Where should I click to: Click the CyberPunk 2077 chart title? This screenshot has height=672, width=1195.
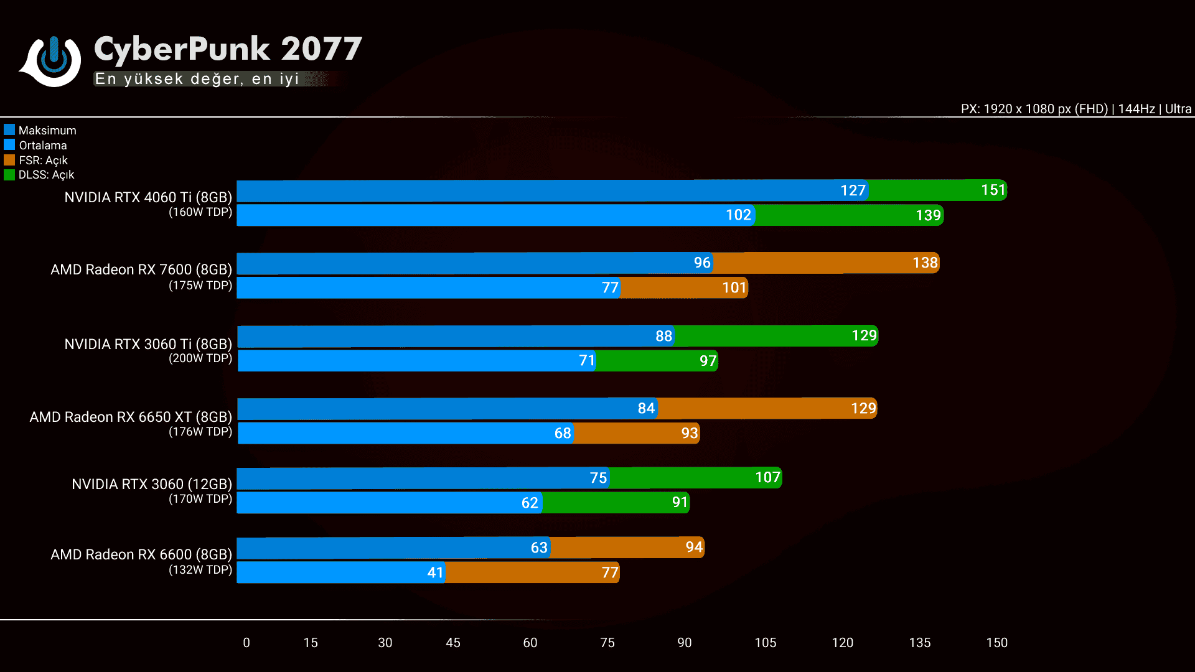pos(228,49)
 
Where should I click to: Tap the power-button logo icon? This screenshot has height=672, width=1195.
pos(53,60)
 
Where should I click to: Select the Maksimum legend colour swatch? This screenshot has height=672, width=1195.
pos(9,130)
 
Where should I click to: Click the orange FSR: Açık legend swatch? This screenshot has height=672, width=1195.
pos(9,160)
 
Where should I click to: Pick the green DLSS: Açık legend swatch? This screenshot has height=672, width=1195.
pos(9,175)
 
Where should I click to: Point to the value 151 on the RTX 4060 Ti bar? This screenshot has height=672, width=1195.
pos(993,190)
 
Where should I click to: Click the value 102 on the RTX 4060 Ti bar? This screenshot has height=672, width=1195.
pos(738,215)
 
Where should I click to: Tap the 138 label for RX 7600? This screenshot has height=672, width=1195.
pos(925,263)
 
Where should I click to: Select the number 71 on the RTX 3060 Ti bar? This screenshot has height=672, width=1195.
pos(587,360)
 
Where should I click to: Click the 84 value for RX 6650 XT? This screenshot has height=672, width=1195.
pos(646,408)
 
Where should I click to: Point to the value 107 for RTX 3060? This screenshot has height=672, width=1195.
pos(767,477)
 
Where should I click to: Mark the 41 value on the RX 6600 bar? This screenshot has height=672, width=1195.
pos(435,572)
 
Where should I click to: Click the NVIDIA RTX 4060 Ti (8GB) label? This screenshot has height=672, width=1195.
pos(148,197)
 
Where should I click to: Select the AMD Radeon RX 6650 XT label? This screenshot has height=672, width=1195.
pos(131,417)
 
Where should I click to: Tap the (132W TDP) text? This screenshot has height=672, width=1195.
pos(200,569)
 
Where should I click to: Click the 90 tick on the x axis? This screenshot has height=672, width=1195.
pos(684,643)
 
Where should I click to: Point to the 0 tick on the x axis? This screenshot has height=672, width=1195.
pos(246,643)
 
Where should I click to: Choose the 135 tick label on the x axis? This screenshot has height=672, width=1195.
pos(919,643)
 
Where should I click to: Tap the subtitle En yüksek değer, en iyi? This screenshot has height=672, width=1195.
pos(197,79)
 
